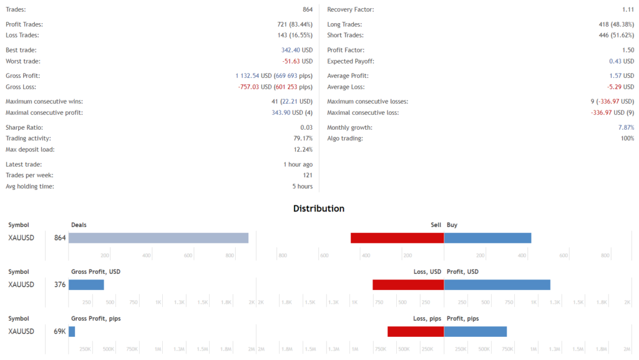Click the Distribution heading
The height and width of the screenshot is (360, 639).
click(x=319, y=208)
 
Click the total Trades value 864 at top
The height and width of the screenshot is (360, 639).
click(x=307, y=10)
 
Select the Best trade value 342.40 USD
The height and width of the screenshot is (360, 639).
click(x=297, y=50)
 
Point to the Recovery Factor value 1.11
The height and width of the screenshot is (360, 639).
click(x=628, y=10)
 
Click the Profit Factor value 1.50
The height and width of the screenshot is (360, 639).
click(x=628, y=50)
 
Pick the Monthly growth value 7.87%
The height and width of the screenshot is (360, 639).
click(x=626, y=127)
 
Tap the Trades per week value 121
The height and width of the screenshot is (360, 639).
click(x=307, y=175)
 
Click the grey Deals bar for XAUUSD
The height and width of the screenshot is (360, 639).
click(x=159, y=238)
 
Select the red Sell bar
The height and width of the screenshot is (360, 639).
click(x=397, y=238)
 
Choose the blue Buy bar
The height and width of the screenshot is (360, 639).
click(x=487, y=238)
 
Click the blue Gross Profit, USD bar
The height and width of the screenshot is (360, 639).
click(x=86, y=285)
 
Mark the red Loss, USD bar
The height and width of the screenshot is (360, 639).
click(x=408, y=285)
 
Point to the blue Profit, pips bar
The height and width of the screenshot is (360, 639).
click(x=475, y=331)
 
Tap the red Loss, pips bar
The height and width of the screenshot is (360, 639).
click(x=416, y=331)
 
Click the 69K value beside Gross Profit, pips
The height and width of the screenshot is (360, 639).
click(x=60, y=331)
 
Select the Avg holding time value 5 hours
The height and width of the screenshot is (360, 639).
click(x=302, y=187)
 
